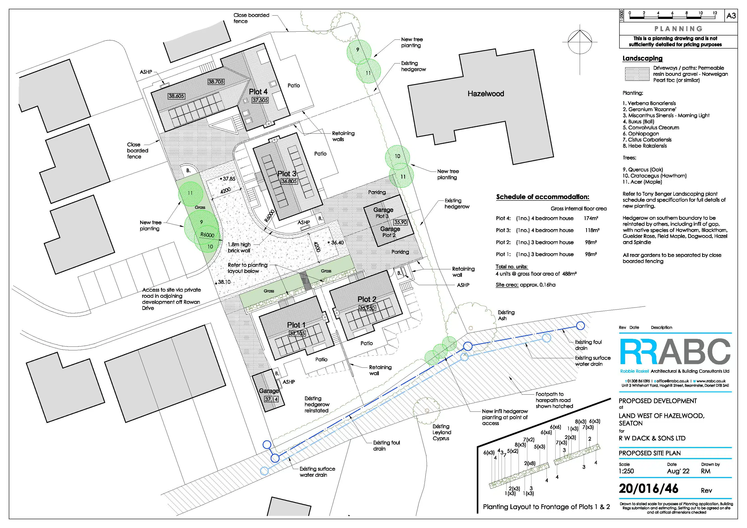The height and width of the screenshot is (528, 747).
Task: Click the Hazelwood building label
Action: point(486,94)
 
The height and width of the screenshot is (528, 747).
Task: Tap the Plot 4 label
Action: point(258,92)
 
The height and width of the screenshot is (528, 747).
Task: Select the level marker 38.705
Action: point(216,82)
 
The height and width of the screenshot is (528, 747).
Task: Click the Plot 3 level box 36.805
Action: point(289,181)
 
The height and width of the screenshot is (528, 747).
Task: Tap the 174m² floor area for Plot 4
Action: point(591,218)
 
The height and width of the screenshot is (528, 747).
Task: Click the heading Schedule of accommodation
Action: point(543,197)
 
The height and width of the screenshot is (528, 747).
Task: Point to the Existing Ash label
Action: point(506,315)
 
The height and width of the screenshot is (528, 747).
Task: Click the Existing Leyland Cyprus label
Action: point(442,432)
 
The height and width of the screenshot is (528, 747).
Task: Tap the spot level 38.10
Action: point(224,282)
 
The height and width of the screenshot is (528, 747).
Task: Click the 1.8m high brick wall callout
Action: point(239,247)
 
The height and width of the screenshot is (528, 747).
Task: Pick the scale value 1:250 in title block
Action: point(626,471)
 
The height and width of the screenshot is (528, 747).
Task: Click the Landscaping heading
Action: point(642,58)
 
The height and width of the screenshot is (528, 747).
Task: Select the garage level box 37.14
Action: point(271,399)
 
